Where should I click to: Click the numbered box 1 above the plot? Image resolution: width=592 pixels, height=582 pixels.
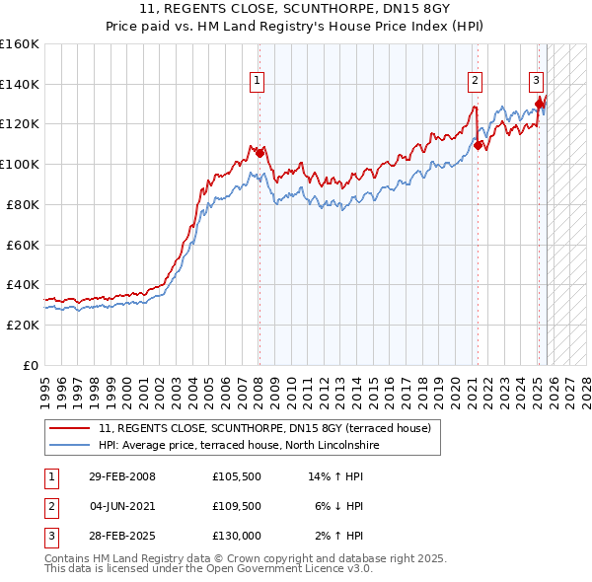click(x=257, y=81)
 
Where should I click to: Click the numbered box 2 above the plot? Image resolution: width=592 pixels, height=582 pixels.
click(x=475, y=81)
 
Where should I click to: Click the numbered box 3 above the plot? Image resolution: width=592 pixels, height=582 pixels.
click(x=536, y=81)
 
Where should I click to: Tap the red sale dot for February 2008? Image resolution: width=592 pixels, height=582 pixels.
click(x=259, y=153)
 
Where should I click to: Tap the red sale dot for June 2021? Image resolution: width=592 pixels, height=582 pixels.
click(x=478, y=145)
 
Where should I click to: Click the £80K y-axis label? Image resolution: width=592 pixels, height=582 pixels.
click(x=23, y=204)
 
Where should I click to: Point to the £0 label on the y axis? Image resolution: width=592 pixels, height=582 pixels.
click(x=30, y=365)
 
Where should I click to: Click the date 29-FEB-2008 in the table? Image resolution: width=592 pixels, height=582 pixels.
click(x=122, y=476)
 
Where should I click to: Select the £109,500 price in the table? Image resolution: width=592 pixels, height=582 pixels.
click(x=236, y=507)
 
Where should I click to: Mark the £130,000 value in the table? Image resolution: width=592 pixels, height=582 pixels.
click(x=236, y=538)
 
